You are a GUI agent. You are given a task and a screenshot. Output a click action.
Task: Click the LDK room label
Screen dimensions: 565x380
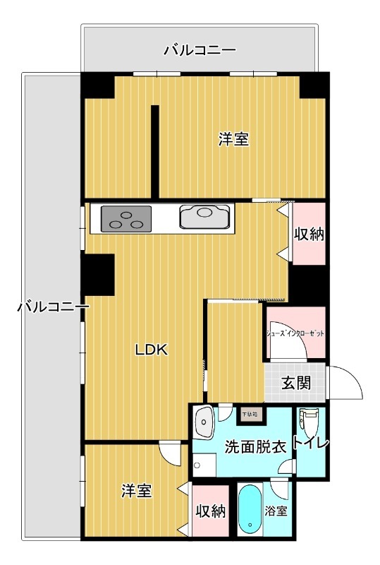pos(151,349)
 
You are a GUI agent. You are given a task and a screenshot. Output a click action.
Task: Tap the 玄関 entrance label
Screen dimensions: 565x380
pos(296,384)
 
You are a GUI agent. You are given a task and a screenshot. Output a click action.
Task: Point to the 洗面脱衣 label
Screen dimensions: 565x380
pos(255,446)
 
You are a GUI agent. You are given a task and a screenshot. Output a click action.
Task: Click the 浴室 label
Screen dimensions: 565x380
pos(276,510)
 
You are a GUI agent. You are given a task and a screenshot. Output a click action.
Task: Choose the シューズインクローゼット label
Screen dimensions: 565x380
pos(295,333)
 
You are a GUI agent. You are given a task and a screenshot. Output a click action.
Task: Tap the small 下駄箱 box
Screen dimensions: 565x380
pos(250,415)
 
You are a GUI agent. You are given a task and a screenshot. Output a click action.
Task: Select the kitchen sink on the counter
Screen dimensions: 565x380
pos(205,217)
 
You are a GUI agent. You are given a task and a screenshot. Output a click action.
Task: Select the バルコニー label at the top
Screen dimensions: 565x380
pos(200,50)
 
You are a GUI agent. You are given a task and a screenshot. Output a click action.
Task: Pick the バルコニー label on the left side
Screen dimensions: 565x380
pos(53,307)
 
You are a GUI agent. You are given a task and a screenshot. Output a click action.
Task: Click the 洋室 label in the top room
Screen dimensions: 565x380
pos(233,139)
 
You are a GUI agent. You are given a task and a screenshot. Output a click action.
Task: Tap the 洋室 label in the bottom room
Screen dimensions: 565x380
pos(136,490)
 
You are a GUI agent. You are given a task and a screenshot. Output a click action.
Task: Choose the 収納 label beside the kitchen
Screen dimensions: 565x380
pos(309,234)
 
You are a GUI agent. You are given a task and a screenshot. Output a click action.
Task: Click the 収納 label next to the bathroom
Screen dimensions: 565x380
pos(210,511)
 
